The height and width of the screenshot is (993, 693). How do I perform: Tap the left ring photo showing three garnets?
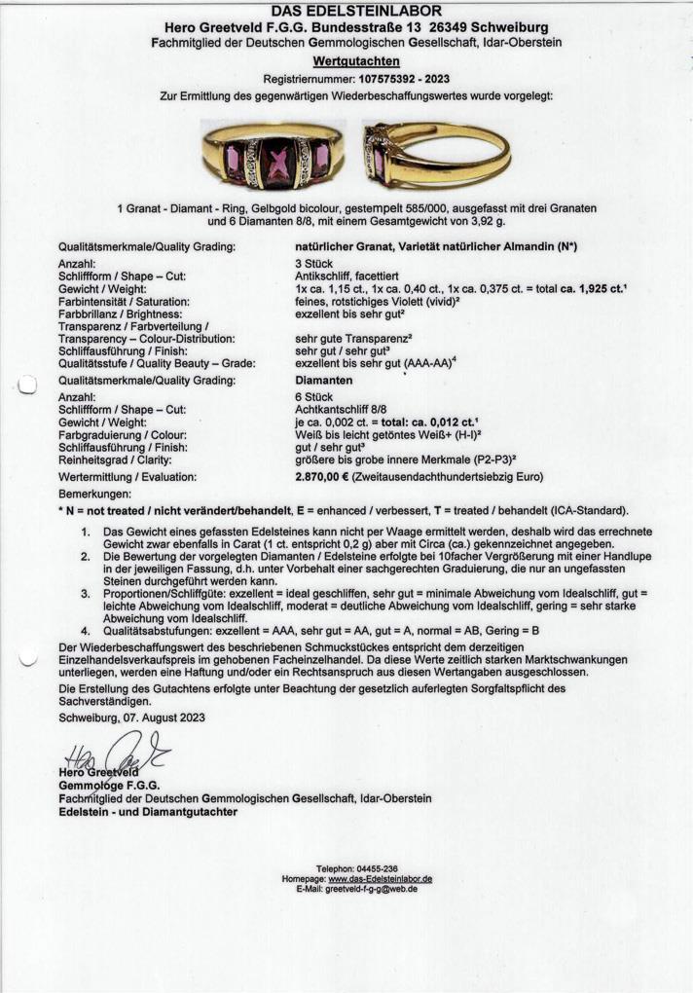[x=272, y=157]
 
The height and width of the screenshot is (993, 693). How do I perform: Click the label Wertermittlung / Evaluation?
[x=127, y=477]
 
